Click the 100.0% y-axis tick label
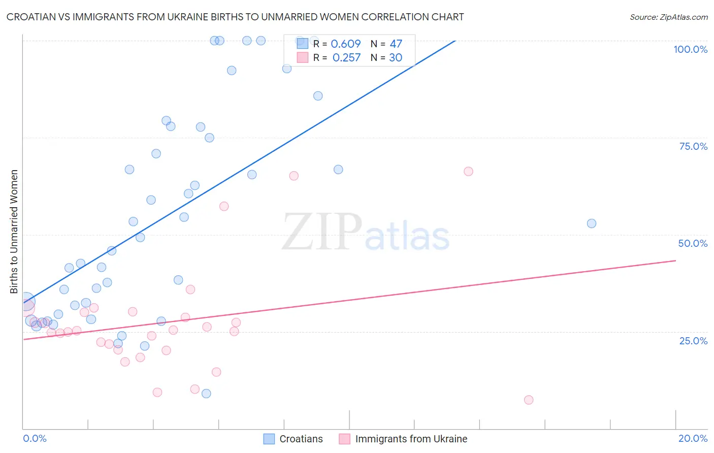pos(690,49)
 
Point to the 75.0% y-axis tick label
pos(693,146)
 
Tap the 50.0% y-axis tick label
pos(693,243)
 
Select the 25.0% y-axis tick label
pos(693,341)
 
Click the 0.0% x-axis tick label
pos(35,438)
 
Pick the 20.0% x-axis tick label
pos(693,438)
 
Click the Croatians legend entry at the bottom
pos(301,439)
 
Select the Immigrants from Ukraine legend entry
pos(411,439)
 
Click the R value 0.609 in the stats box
pos(345,44)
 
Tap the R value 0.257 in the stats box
pos(346,58)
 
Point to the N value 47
pos(396,44)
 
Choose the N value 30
pos(396,58)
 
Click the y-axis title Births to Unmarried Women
pos(14,232)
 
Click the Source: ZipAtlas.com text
pos(668,17)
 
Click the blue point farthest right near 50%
pos(591,223)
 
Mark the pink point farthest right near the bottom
pos(528,400)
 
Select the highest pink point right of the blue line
pos(468,171)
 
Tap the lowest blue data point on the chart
pos(206,394)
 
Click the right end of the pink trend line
pos(675,261)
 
